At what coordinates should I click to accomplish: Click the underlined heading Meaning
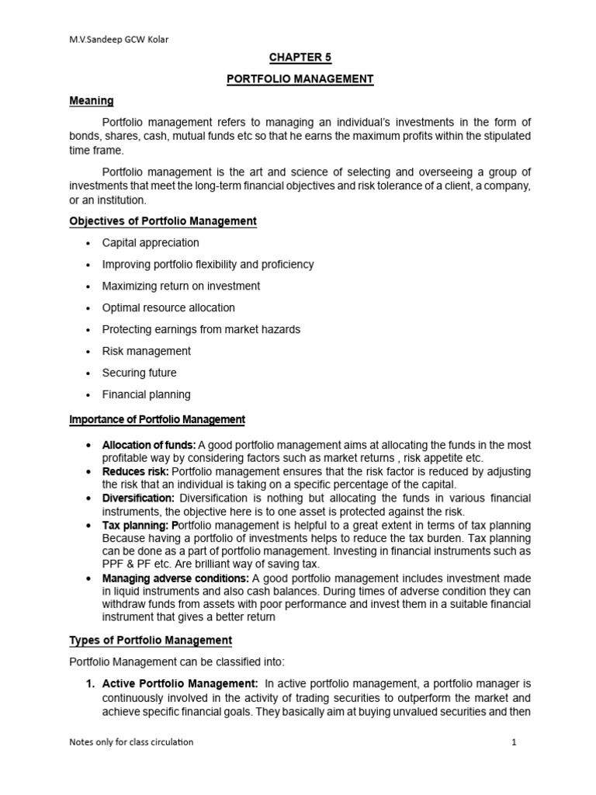point(92,101)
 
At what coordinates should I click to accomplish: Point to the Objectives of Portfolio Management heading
point(163,221)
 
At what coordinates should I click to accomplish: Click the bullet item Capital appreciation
point(151,243)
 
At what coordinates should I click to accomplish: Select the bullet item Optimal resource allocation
point(168,307)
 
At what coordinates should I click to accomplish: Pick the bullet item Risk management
point(146,351)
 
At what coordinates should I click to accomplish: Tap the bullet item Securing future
point(139,373)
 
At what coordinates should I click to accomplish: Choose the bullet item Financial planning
point(146,394)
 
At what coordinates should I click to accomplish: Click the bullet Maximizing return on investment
point(181,286)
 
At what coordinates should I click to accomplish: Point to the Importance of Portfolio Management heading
point(157,420)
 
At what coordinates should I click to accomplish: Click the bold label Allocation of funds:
point(149,445)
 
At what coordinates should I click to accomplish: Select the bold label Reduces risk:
point(135,471)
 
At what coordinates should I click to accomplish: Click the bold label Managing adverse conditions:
point(175,578)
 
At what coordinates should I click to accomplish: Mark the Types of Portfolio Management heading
point(151,641)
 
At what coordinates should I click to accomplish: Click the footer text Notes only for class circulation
point(131,742)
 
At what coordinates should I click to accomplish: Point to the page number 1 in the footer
point(514,742)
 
